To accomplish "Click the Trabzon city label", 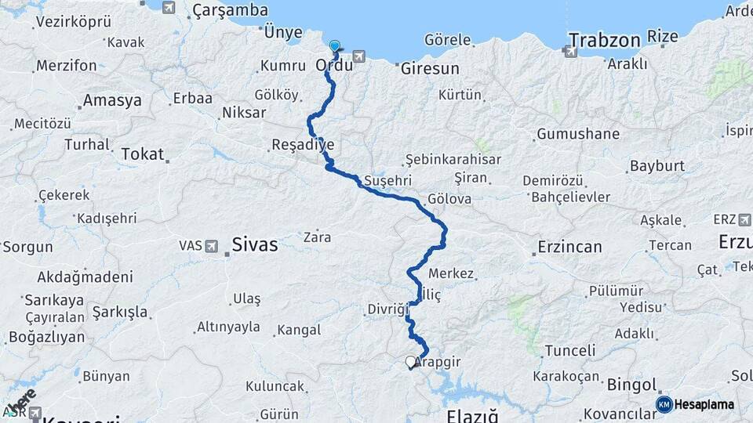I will (x=600, y=39).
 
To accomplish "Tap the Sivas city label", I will (x=255, y=244).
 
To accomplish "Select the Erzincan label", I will (x=569, y=247).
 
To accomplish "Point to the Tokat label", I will (x=141, y=154).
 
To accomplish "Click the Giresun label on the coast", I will (x=430, y=69).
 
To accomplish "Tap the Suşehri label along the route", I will (x=384, y=182).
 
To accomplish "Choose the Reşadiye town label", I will (x=303, y=144).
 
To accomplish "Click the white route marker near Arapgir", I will (x=410, y=362).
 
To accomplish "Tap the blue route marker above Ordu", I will (x=336, y=45).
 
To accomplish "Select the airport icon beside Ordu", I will (x=359, y=56).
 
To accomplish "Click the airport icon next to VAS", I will (x=210, y=246).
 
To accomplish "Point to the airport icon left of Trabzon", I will (x=567, y=51).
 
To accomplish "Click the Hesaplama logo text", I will (x=704, y=404).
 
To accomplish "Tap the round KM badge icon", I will (x=664, y=404).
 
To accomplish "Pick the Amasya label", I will (x=112, y=100).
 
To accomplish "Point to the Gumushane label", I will (x=578, y=134).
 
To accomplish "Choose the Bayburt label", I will (x=657, y=167).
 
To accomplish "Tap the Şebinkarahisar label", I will (x=453, y=160).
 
